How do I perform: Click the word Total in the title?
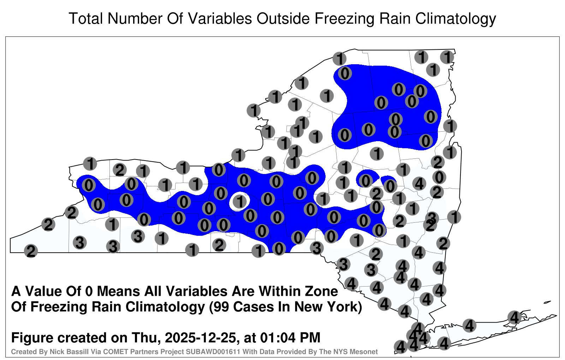pos(86,18)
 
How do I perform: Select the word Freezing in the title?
pos(344,19)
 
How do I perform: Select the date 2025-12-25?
pos(201,337)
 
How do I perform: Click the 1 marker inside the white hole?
pos(240,202)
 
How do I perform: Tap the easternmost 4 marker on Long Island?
pos(514,317)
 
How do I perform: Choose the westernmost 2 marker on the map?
pos(31,251)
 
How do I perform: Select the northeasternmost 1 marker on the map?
pos(447,57)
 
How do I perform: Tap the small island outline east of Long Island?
pos(547,302)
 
